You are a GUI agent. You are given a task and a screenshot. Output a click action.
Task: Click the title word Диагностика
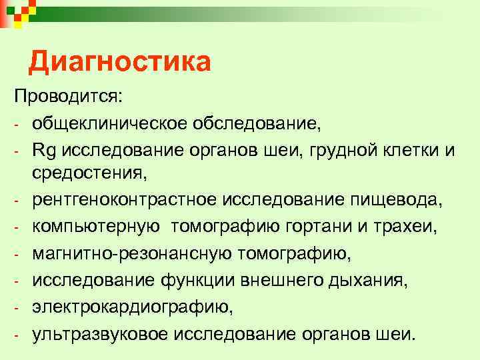(120, 63)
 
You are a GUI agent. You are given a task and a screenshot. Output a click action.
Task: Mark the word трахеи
(409, 227)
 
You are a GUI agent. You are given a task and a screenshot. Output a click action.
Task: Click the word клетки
(410, 151)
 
